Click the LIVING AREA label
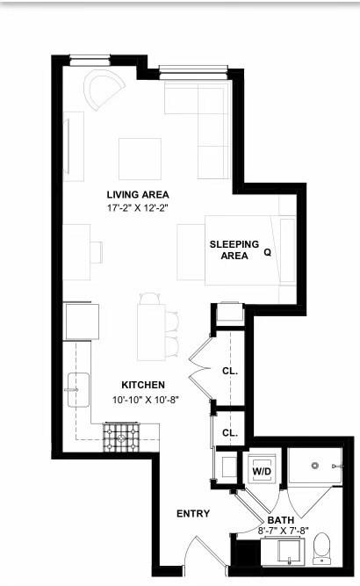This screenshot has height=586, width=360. pos(138,194)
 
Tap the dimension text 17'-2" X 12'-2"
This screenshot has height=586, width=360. pos(138,208)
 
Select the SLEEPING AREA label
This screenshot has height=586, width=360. pos(234,250)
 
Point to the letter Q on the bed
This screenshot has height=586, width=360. pos(268,252)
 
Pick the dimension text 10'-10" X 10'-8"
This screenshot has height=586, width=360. pos(146,400)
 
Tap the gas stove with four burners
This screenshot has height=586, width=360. pos(121,438)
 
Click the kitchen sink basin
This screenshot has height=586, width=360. pos(78,390)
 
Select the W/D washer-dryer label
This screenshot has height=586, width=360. pos(262,471)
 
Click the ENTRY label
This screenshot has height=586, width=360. pos(193,514)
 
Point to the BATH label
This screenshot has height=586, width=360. pos(281,520)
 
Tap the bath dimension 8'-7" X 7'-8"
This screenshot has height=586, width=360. pos(284,530)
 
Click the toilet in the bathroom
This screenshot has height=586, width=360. pos(321,548)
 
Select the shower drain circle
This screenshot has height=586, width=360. pos(315,466)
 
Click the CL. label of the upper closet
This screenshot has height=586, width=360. pos(230,371)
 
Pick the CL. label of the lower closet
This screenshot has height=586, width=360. pos(230,433)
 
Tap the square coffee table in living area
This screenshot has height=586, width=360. pos(140,159)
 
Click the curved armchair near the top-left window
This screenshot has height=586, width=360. pos(104,90)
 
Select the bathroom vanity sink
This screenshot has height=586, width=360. pos(289,553)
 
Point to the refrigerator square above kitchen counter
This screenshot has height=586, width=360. pos(83,322)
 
